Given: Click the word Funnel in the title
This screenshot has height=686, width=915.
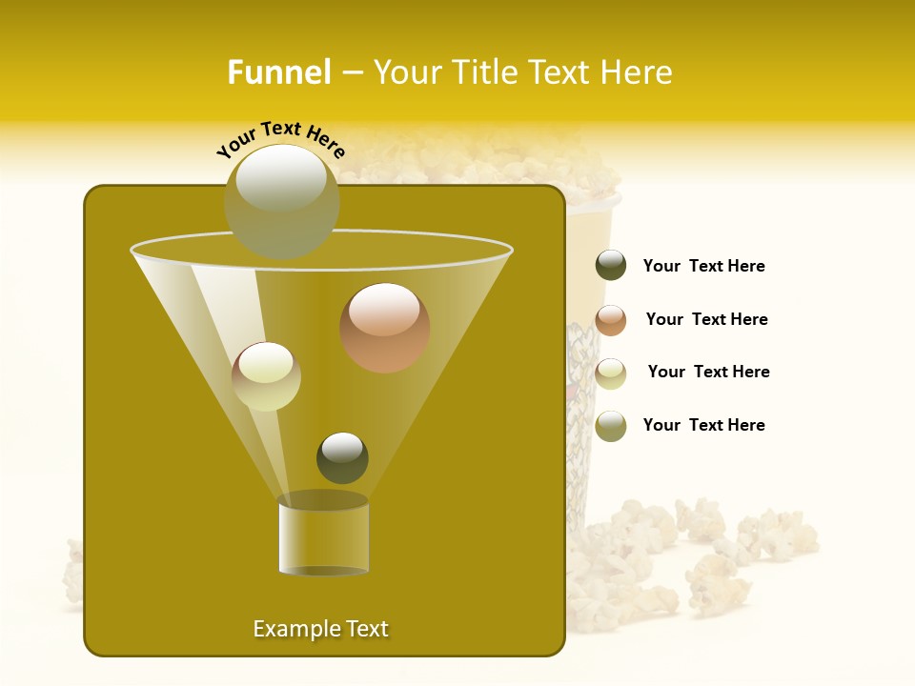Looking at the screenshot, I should coord(279,72).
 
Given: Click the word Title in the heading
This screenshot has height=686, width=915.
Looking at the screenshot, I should coord(484,72).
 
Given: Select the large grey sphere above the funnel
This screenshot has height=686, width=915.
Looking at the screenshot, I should coord(281,200).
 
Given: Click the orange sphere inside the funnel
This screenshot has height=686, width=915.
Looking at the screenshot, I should coord(385,328).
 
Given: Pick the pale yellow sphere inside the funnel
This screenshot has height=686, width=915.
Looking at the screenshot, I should coord(266,376).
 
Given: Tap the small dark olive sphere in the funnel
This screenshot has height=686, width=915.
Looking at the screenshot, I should coord(342,457).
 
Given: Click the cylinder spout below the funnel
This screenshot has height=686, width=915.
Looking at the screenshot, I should coord(323,535).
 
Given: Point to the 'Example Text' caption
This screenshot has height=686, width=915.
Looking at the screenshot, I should coord(320,629).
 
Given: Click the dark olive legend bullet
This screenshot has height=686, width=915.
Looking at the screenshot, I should coord(611,266).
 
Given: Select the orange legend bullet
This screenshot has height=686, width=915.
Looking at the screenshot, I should coord(611,320).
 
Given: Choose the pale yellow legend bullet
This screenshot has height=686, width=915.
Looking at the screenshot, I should coord(611,373).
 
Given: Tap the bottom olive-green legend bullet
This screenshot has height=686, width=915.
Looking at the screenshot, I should coord(611,426).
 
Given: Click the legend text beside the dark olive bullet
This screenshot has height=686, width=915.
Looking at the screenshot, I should coord(703,266).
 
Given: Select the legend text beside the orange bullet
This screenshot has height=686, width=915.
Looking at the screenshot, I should coord(706,319).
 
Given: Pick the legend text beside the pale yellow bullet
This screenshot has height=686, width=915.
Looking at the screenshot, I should coord(708,372).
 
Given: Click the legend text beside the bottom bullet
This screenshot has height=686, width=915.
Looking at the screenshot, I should coord(703,425).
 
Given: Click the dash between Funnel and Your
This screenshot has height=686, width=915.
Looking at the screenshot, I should coord(352,72).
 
